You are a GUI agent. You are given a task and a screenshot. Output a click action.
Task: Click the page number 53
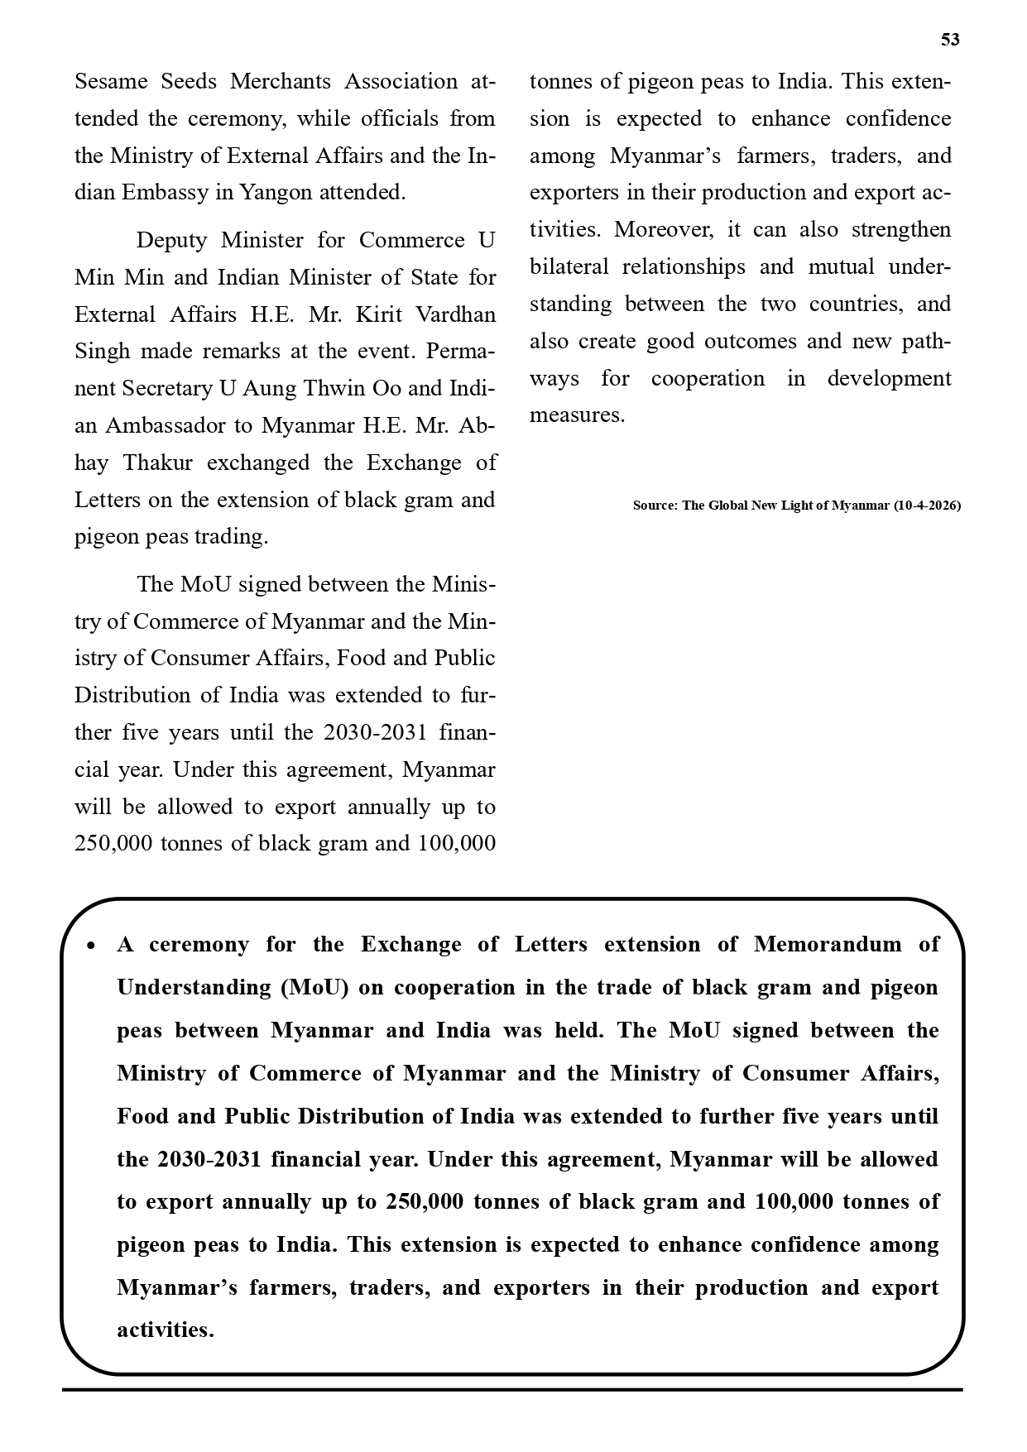pos(950,40)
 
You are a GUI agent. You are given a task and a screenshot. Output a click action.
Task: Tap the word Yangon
pos(276,193)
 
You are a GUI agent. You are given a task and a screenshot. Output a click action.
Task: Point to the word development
pos(889,379)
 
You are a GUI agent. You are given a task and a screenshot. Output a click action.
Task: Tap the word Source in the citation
pos(654,505)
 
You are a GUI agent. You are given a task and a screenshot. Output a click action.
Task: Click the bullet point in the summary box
pos(92,946)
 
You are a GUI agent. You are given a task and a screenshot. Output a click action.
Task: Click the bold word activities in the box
pos(165,1330)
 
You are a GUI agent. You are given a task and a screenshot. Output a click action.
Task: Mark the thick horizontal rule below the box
pos(512,1390)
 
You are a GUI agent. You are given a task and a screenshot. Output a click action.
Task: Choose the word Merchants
pos(281,82)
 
